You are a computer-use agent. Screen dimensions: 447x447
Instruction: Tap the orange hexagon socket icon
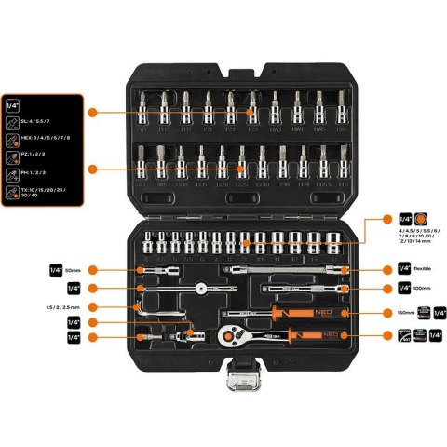(x=421, y=218)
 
